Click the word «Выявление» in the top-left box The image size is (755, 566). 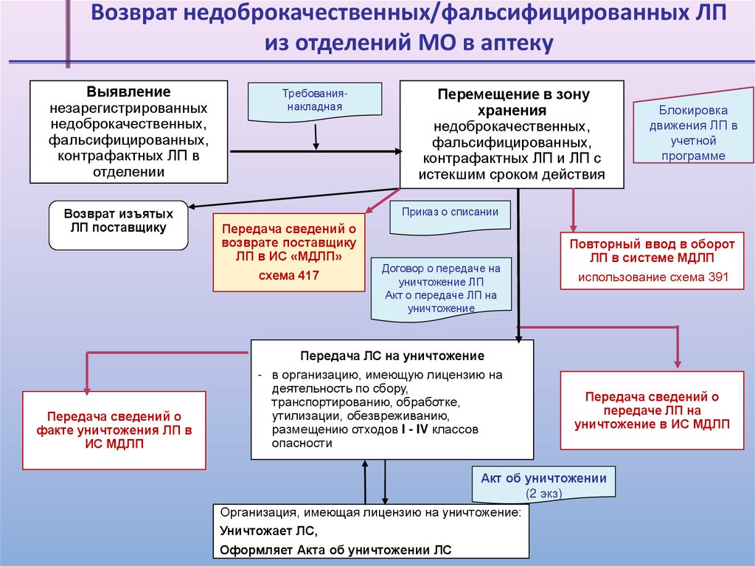click(x=128, y=92)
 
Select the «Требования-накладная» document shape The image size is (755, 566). click(x=314, y=101)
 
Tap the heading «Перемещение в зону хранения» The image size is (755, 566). click(x=513, y=103)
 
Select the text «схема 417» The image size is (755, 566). click(x=288, y=275)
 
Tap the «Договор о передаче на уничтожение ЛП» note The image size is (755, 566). click(x=440, y=289)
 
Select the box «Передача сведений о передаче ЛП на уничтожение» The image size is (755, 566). click(x=652, y=410)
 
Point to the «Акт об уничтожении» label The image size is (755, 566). click(x=543, y=478)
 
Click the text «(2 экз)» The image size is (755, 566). click(x=543, y=492)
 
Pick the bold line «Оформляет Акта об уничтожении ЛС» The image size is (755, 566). click(x=335, y=550)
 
